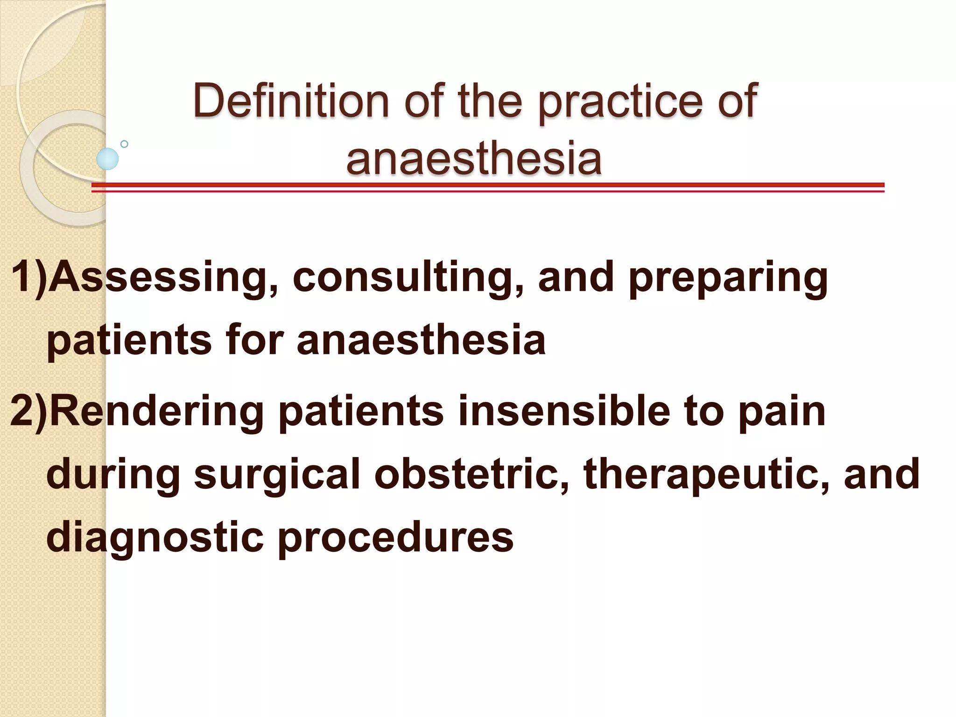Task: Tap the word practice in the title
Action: point(620,102)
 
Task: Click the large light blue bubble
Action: point(107,159)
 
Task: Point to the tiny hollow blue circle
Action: point(124,144)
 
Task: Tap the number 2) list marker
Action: point(29,412)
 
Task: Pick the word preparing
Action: point(728,279)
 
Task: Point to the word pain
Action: point(782,413)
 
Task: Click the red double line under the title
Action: point(488,188)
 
